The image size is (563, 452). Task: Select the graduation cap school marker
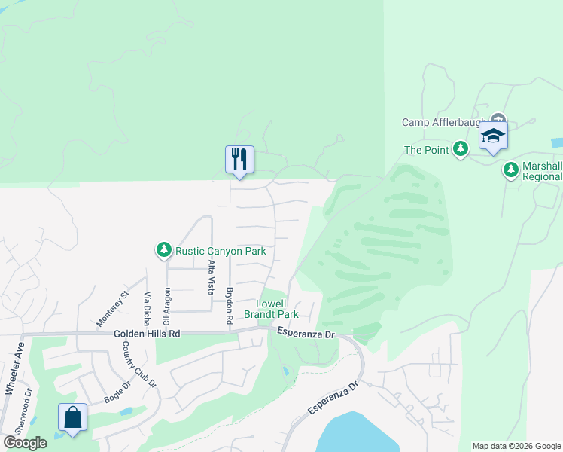493,136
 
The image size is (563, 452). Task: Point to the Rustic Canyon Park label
221,250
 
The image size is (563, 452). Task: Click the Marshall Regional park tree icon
511,169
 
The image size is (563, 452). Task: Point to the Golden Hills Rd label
148,333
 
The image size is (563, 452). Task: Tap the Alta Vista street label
211,276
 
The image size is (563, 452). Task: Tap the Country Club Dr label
139,365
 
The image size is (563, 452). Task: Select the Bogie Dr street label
117,392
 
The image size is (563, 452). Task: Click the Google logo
24,443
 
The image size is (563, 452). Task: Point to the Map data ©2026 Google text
516,446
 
